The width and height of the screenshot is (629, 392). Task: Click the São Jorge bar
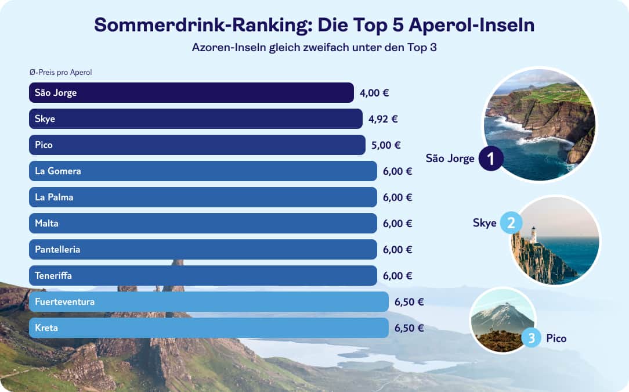pos(191,92)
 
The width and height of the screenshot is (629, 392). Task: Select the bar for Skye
pos(196,118)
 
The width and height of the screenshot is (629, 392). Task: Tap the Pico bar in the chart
pos(197,145)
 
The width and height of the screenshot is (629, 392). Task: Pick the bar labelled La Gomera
pos(203,171)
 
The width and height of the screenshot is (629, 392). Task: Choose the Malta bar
pos(203,223)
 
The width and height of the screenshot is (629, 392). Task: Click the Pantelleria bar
pos(203,249)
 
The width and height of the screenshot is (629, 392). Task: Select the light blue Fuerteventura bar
pos(209,301)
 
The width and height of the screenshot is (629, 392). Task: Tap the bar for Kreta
pos(209,328)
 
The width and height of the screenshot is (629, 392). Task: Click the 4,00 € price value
pos(374,93)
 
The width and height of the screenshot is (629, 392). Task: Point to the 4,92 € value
pos(383,119)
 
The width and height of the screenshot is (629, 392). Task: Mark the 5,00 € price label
pos(386,145)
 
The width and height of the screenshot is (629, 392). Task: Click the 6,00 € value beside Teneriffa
pos(397,276)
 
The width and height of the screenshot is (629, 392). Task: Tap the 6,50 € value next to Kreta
pos(409,328)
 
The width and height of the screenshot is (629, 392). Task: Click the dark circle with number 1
pos(491,159)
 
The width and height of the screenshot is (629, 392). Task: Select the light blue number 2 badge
pos(511,223)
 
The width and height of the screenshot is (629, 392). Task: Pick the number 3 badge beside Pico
pos(532,337)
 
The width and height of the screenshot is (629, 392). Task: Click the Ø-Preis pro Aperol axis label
pos(61,73)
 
